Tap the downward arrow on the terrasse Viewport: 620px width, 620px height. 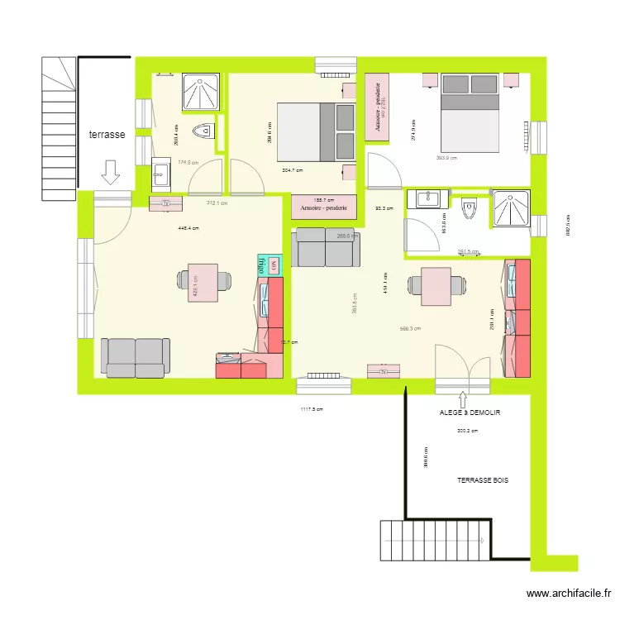point(110,171)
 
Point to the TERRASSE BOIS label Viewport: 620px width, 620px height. point(484,479)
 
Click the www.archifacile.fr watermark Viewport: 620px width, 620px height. point(570,593)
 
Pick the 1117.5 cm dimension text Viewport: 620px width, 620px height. point(311,408)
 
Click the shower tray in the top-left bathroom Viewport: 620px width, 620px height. point(201,93)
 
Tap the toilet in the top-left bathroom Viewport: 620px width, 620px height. point(203,130)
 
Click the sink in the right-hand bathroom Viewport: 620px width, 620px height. point(427,198)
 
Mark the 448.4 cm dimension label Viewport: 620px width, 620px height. point(189,228)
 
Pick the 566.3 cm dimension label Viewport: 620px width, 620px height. point(409,328)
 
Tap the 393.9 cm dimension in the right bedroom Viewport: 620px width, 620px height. point(446,158)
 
